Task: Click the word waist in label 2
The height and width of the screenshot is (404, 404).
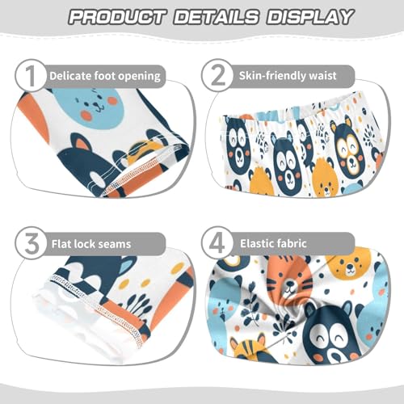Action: pos(335,77)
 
